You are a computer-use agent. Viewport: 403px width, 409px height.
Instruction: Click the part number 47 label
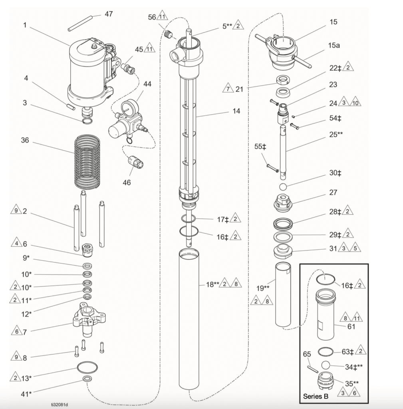click(108, 14)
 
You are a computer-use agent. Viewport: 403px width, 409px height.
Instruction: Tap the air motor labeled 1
click(86, 72)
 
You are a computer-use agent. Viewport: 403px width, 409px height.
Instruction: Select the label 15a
click(334, 46)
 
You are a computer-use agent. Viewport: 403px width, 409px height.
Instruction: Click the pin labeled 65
click(313, 367)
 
